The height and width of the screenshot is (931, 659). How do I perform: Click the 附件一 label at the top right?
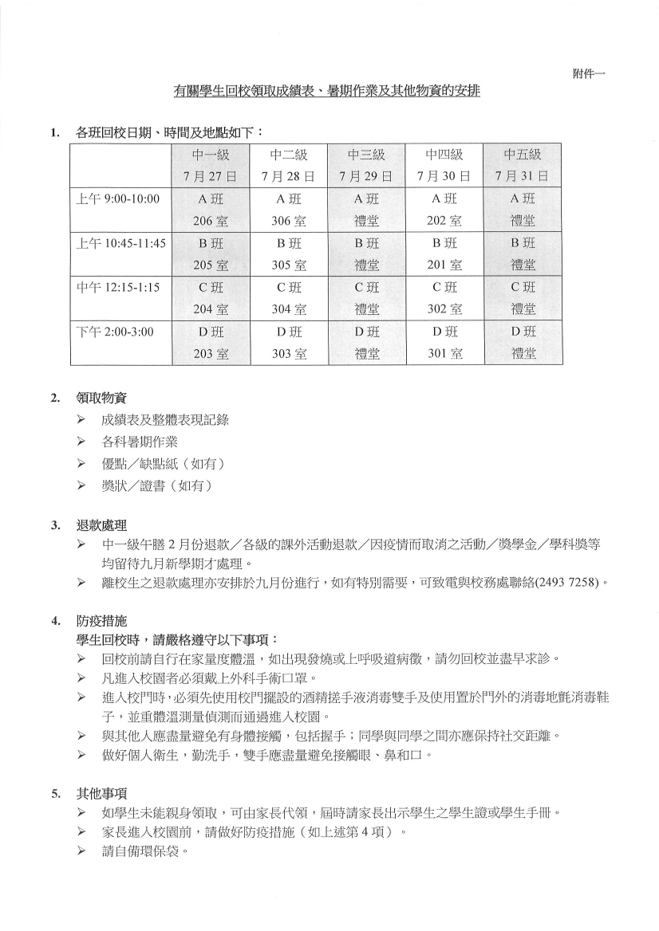pos(589,73)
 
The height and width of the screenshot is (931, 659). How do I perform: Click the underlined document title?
pos(327,92)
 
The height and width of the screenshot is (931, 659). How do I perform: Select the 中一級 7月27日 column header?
pos(211,165)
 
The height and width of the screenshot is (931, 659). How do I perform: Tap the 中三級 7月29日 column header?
pos(366,165)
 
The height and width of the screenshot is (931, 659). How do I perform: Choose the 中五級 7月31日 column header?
pos(523,165)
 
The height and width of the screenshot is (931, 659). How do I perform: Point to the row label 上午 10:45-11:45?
pos(120,243)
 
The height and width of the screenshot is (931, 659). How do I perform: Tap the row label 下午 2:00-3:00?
pos(114,331)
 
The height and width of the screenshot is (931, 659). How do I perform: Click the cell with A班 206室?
pos(211,209)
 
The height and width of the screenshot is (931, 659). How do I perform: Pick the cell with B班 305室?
pos(289,253)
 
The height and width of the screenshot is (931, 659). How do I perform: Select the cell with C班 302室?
pos(444,297)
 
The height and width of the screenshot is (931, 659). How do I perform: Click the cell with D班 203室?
pos(211,342)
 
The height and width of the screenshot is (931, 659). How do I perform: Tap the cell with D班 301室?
pos(444,342)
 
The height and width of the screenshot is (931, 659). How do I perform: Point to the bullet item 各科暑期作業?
pos(140,441)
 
